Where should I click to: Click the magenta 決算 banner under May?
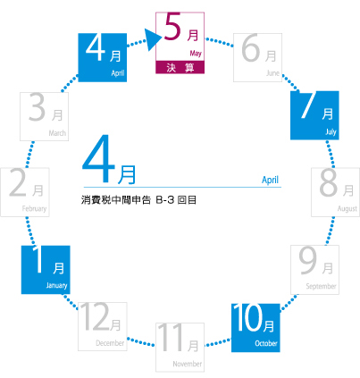pyautogui.click(x=180, y=67)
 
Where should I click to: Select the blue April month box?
pyautogui.click(x=103, y=57)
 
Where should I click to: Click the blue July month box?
pyautogui.click(x=314, y=115)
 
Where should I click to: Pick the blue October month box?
pyautogui.click(x=255, y=328)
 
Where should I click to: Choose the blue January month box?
pyautogui.click(x=46, y=270)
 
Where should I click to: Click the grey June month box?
pyautogui.click(x=257, y=57)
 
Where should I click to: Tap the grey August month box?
pyautogui.click(x=336, y=192)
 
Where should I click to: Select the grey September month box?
pyautogui.click(x=314, y=270)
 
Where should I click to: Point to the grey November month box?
pyautogui.click(x=180, y=348)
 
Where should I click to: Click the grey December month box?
pyautogui.click(x=103, y=326)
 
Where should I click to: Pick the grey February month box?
pyautogui.click(x=25, y=192)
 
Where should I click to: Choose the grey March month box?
pyautogui.click(x=44, y=116)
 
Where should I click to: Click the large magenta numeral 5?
pyautogui.click(x=172, y=27)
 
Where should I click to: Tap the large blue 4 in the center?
pyautogui.click(x=98, y=159)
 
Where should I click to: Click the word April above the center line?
pyautogui.click(x=270, y=180)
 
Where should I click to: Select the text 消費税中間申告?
pyautogui.click(x=116, y=200)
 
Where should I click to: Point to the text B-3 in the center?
pyautogui.click(x=165, y=200)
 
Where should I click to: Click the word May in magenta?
pyautogui.click(x=196, y=54)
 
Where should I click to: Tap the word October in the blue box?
pyautogui.click(x=266, y=343)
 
